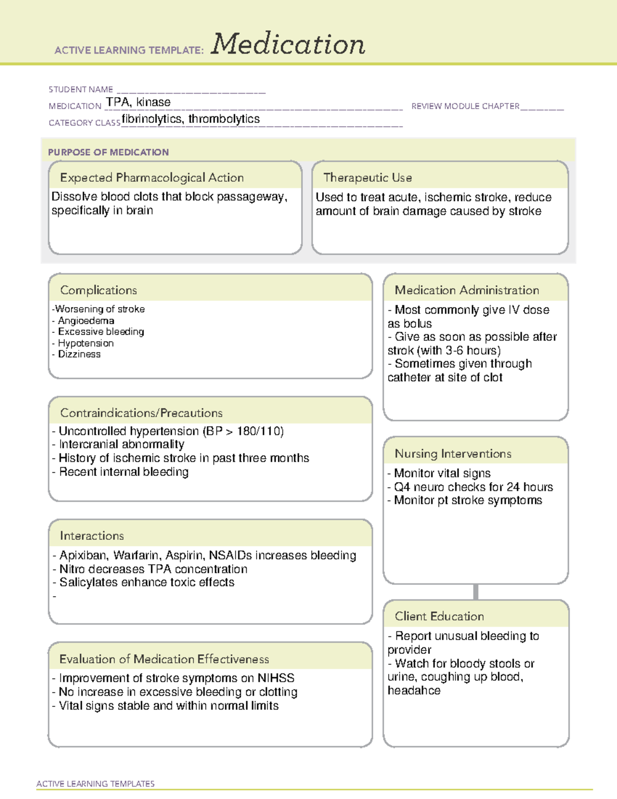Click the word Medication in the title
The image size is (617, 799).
(288, 44)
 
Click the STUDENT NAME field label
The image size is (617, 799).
(81, 90)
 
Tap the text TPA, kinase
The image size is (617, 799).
(138, 102)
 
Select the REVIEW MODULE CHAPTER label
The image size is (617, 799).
(465, 106)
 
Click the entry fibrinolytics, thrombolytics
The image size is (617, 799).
(191, 119)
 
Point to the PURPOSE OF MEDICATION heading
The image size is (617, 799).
(108, 152)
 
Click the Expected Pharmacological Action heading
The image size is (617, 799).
(152, 177)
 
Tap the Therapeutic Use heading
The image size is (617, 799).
(368, 177)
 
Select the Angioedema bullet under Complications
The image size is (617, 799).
(86, 321)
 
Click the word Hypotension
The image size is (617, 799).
(86, 343)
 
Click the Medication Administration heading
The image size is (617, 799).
(467, 290)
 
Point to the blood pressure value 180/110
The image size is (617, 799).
(260, 431)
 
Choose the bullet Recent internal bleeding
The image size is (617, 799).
(123, 472)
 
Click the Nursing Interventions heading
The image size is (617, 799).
(453, 454)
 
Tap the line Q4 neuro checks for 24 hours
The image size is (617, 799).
(473, 487)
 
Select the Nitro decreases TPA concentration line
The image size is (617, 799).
(153, 569)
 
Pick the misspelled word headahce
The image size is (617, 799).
(414, 690)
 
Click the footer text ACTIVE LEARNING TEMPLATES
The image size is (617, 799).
(96, 784)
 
